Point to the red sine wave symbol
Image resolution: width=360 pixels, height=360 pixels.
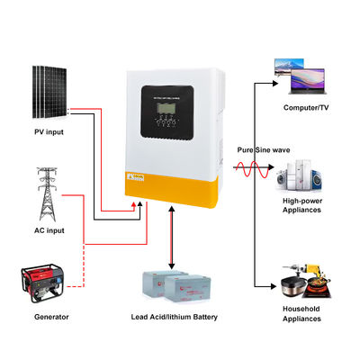[x=253, y=166]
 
